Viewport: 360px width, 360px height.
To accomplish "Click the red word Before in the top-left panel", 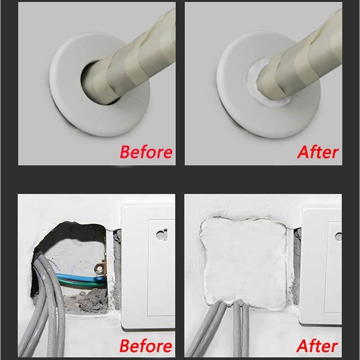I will [146, 152].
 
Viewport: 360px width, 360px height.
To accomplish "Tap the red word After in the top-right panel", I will [317, 152].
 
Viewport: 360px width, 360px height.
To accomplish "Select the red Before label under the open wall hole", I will [146, 346].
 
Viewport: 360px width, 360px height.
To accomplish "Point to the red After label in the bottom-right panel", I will [317, 346].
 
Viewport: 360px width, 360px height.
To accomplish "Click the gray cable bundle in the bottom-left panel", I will [49, 315].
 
